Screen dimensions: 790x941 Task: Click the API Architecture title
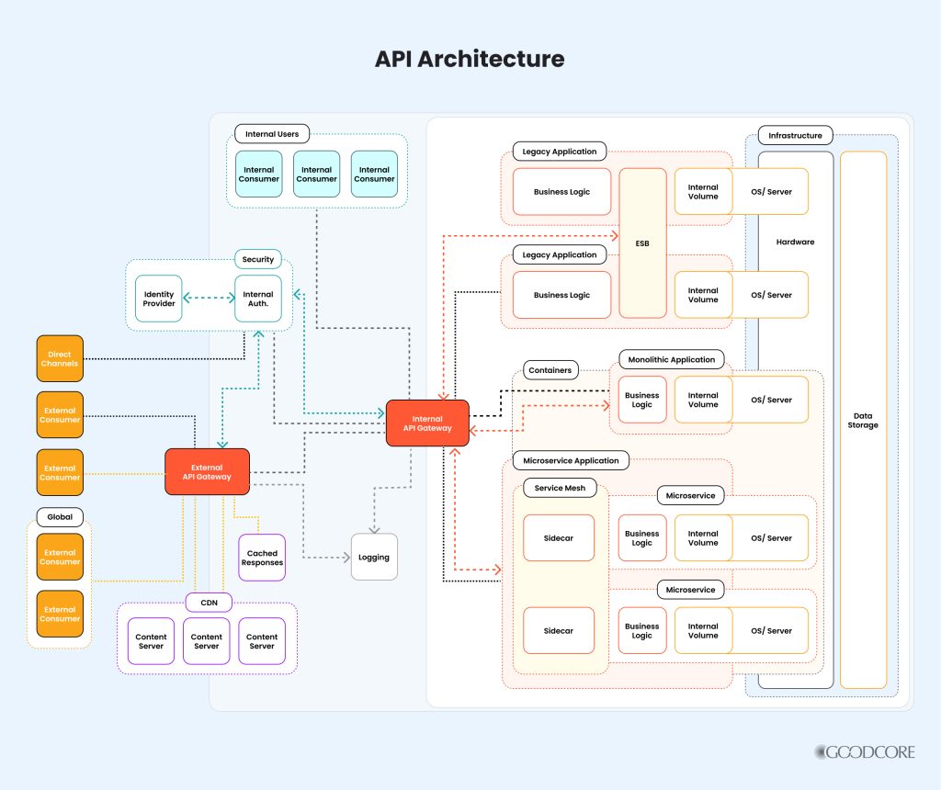point(470,60)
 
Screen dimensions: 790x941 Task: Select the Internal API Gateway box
point(427,423)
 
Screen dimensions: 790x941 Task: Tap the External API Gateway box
point(207,471)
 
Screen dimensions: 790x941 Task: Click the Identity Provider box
point(159,299)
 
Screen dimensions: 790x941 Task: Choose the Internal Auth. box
point(258,299)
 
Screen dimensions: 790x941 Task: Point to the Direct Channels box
point(60,358)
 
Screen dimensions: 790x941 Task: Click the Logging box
point(374,557)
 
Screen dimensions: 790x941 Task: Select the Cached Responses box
point(262,558)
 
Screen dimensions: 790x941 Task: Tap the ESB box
point(642,243)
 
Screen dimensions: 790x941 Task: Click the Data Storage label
point(863,420)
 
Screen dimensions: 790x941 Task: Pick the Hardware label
point(795,242)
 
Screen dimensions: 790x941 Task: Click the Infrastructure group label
point(795,136)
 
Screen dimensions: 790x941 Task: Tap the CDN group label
point(209,603)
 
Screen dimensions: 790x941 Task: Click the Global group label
point(60,516)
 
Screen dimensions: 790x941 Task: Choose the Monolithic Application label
point(672,359)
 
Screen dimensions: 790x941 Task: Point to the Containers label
point(550,370)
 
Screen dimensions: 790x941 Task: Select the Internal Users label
point(272,134)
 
